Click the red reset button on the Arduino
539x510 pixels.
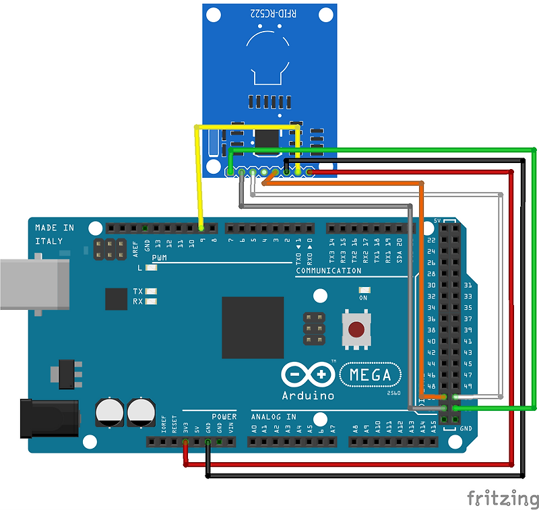[356, 329]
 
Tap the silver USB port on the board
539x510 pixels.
[34, 284]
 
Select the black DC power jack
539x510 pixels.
[47, 418]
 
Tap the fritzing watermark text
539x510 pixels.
[503, 499]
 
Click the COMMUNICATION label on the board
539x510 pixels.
[329, 271]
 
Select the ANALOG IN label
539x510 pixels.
[274, 416]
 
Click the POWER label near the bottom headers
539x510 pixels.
[224, 416]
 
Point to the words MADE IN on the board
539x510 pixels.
[55, 228]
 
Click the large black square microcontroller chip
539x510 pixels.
[253, 327]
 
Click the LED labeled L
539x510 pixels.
[151, 267]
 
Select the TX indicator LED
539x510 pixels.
[151, 291]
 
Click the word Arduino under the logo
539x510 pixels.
[308, 395]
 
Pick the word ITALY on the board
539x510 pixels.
[49, 241]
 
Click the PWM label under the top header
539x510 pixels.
[160, 257]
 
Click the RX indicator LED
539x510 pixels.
[151, 301]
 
